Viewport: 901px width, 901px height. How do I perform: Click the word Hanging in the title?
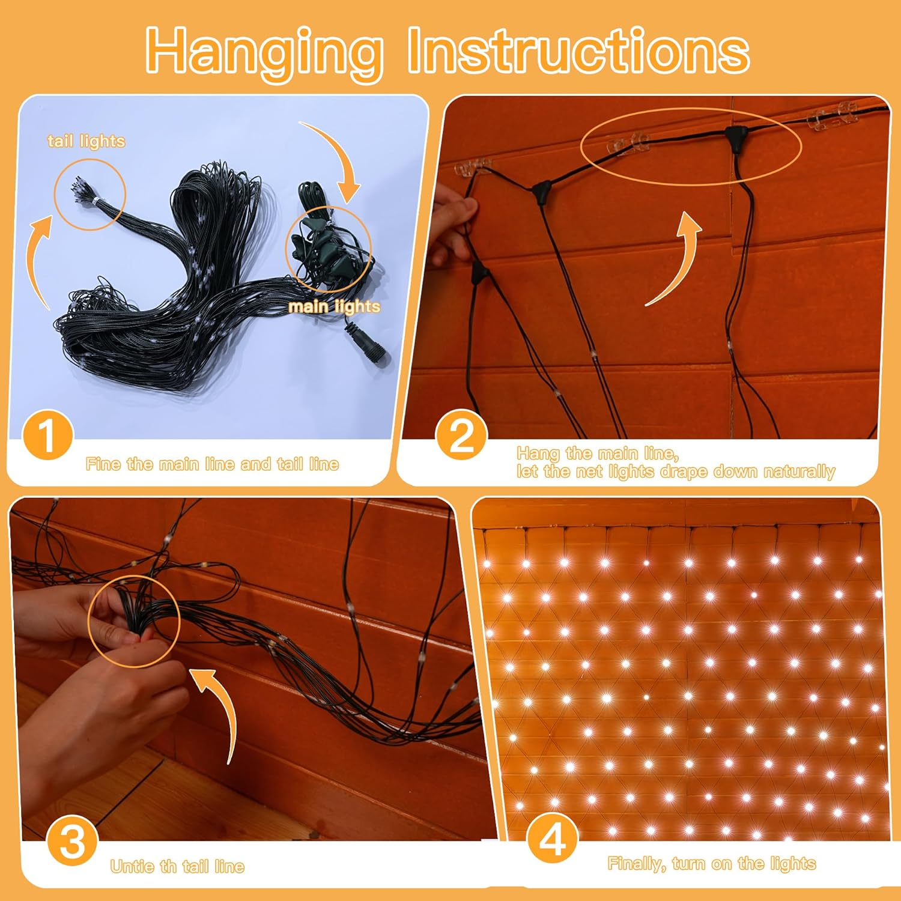[x=264, y=53]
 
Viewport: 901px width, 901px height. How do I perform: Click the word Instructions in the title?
[x=578, y=50]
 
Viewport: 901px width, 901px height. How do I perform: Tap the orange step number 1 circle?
[x=47, y=435]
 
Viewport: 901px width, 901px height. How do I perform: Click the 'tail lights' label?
[x=86, y=142]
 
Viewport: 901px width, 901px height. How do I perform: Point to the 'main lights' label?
[x=334, y=306]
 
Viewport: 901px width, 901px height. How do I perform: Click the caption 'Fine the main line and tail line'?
[x=212, y=464]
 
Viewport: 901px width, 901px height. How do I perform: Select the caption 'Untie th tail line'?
[x=177, y=866]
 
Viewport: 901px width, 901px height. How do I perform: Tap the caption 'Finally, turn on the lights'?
[x=712, y=864]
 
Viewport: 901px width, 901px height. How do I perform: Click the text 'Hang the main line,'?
[x=598, y=453]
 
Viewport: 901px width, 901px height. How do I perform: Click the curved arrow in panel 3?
[x=219, y=709]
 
